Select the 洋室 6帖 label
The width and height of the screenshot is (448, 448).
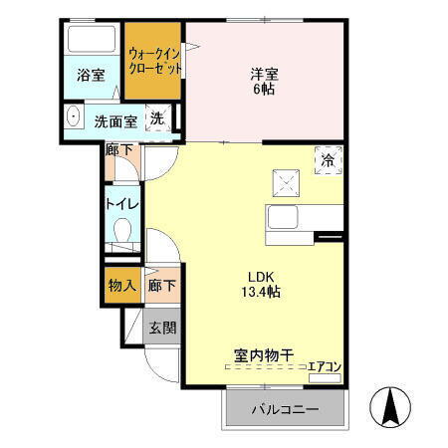tap(263, 81)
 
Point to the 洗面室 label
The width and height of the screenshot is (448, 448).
tap(114, 121)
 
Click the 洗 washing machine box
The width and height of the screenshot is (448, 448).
tap(157, 118)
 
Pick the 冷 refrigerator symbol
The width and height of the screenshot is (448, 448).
tap(327, 158)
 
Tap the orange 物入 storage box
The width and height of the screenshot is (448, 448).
tap(121, 285)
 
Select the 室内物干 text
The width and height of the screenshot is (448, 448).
tap(263, 355)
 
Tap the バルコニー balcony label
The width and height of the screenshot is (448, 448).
tap(284, 409)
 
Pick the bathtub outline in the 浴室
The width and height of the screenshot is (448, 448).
tap(91, 42)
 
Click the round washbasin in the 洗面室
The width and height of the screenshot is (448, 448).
tap(73, 119)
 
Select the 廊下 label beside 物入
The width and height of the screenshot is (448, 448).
tap(161, 285)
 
